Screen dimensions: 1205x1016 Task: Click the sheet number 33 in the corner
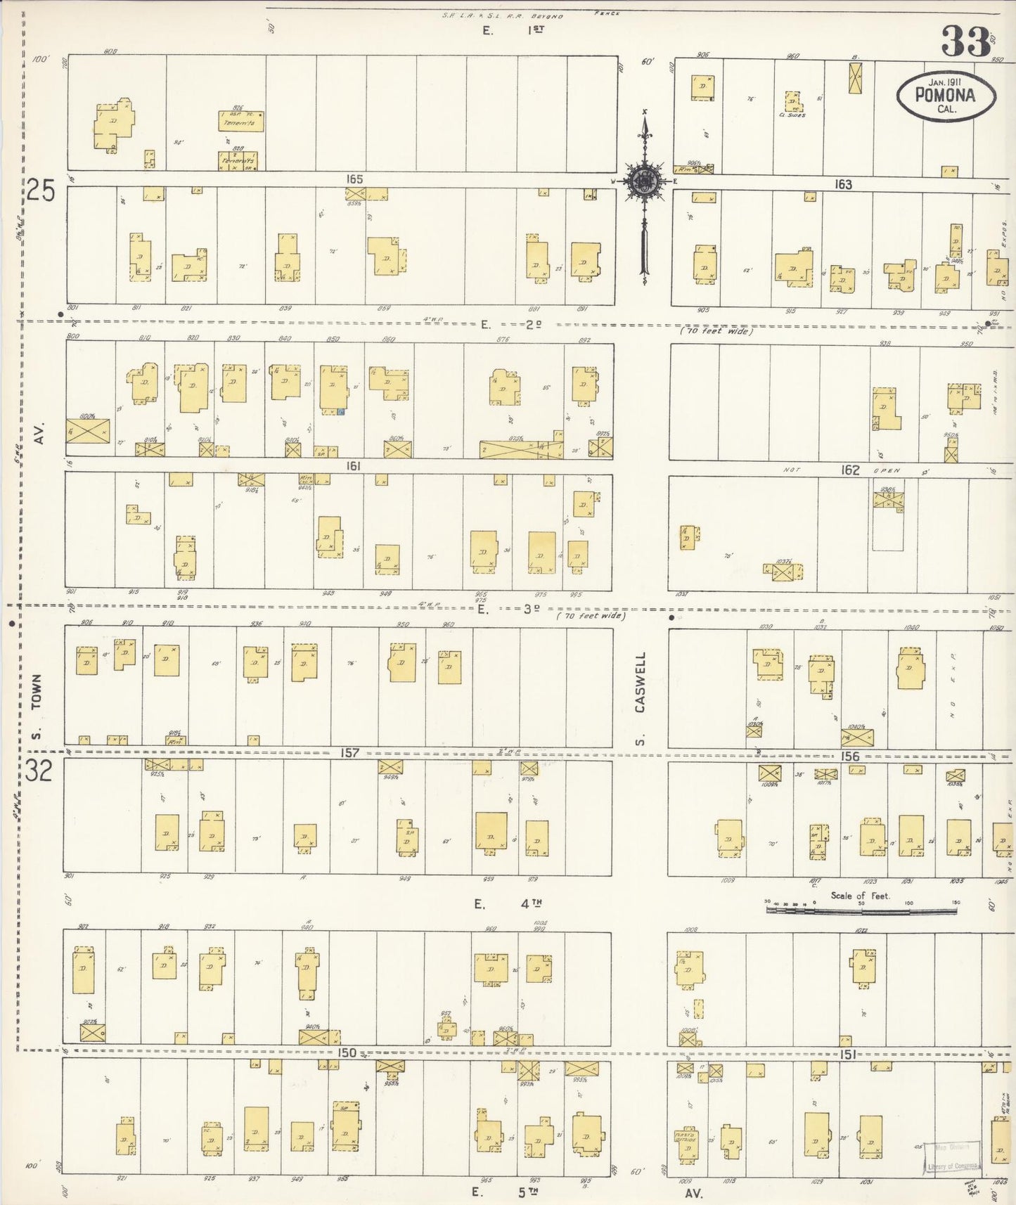click(x=966, y=42)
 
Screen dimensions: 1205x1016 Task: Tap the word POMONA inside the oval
click(x=946, y=95)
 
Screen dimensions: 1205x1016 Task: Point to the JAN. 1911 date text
click(x=946, y=82)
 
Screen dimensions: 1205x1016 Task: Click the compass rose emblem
click(x=643, y=181)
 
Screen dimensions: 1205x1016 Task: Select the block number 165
click(x=354, y=180)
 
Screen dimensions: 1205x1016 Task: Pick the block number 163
click(x=843, y=185)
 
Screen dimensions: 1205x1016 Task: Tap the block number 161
click(x=353, y=465)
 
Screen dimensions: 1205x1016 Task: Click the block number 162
click(x=851, y=470)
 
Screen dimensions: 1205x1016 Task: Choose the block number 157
click(x=349, y=753)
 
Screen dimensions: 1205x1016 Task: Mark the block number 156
click(x=850, y=756)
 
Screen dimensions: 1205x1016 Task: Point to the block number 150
click(x=347, y=1053)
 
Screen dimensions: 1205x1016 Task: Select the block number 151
click(x=847, y=1055)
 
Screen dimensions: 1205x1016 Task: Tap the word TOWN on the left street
click(x=37, y=693)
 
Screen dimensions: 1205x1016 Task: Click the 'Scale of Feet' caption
click(x=860, y=896)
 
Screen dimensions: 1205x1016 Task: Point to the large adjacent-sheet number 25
click(x=41, y=191)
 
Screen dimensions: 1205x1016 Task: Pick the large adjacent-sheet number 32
click(x=39, y=772)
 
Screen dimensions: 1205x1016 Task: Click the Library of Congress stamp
click(x=953, y=1157)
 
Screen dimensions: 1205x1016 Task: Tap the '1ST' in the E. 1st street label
click(x=536, y=30)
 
